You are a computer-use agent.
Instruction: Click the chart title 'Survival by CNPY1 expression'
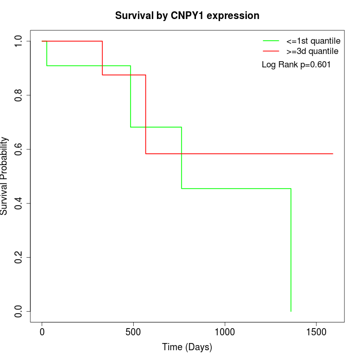[x=187, y=15]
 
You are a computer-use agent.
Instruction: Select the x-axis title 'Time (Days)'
[x=187, y=347]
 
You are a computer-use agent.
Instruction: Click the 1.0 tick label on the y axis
[x=19, y=41]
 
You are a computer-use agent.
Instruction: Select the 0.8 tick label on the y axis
[x=19, y=95]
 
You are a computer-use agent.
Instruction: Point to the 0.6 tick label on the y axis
[x=19, y=149]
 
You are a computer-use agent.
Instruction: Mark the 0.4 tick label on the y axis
[x=19, y=203]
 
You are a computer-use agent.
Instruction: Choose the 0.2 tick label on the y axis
[x=19, y=257]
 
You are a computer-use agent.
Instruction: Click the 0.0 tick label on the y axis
[x=19, y=311]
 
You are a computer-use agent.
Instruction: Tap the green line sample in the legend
[x=271, y=41]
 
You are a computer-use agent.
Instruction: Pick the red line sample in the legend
[x=271, y=51]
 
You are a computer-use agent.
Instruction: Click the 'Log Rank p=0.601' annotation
[x=296, y=65]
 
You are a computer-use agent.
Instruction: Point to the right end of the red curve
[x=333, y=154]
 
